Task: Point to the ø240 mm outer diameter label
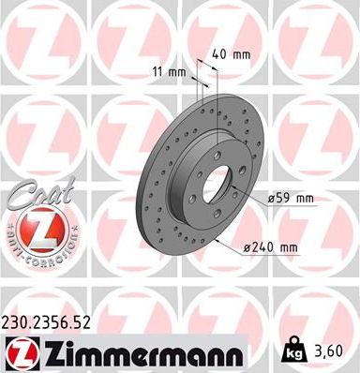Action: point(270,247)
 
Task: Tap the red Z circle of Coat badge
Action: point(35,227)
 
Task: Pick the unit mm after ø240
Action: point(288,247)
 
